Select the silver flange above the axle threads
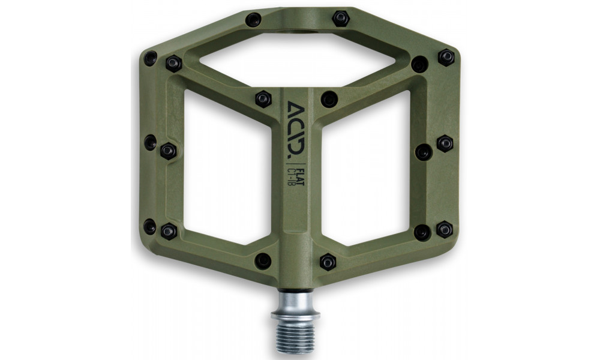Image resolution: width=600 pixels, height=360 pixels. (295, 313)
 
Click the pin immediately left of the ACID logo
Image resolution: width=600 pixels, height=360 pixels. (263, 99)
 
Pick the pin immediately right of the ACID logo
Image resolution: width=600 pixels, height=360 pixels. (329, 99)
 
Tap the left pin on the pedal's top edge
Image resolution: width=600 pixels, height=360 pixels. (253, 20)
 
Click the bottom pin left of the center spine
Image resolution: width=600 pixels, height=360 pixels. (263, 260)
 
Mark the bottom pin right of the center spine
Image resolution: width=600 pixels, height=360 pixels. (328, 262)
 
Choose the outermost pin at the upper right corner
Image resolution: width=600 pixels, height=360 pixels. (446, 57)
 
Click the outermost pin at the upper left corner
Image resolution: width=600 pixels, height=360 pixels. (150, 58)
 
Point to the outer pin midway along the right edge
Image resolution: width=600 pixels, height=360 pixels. (445, 143)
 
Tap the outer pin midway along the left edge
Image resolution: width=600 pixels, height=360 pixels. (150, 143)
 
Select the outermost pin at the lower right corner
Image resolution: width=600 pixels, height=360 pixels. (444, 229)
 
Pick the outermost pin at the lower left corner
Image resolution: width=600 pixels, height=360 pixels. (150, 227)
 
